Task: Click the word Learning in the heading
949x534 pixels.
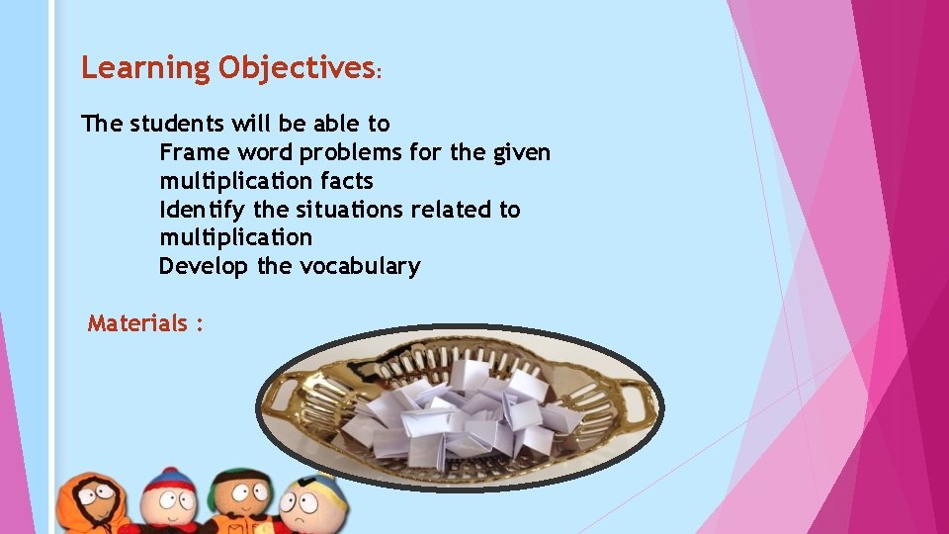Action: click(145, 67)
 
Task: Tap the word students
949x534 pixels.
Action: click(179, 124)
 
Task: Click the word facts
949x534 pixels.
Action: click(347, 181)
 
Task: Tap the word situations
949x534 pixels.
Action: click(339, 210)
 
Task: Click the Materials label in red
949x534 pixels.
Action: click(137, 323)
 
